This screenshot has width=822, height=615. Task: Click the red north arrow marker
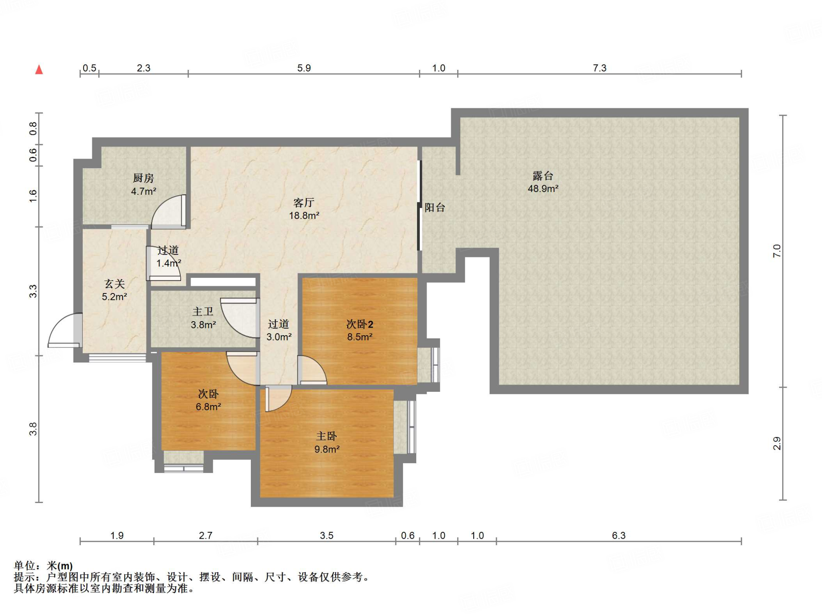pos(39,69)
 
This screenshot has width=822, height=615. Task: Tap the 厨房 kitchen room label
pos(143,178)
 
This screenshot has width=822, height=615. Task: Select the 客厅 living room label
pos(304,202)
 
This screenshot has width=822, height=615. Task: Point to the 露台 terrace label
pos(543,176)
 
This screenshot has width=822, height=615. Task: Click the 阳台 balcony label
pos(435,208)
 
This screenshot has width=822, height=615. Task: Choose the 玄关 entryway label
pos(115,284)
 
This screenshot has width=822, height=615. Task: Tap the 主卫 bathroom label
pos(203,312)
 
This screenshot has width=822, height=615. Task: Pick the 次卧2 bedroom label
pos(360,324)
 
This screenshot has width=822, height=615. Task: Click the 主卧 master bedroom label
pos(326,436)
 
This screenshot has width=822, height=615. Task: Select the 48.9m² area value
pos(543,189)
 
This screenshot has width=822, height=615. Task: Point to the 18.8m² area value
pos(304,216)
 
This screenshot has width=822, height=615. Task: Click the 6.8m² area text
pos(208,407)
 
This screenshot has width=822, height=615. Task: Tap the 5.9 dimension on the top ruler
pos(304,68)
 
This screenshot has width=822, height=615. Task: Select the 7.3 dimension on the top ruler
pos(600,68)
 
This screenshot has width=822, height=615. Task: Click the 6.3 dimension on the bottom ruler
pos(619,536)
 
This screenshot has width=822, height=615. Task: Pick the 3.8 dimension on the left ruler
pos(33,429)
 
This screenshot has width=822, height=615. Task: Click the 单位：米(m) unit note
pos(43,566)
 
